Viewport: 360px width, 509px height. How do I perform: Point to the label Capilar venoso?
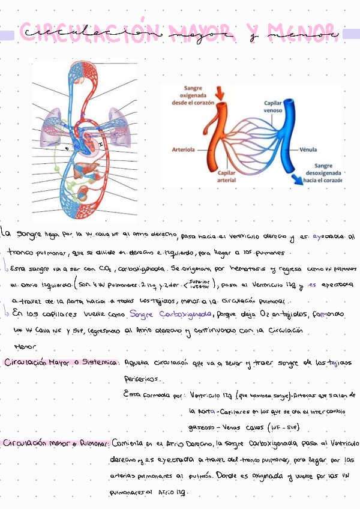click(x=274, y=107)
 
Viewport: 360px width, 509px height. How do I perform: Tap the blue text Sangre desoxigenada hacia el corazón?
click(x=322, y=172)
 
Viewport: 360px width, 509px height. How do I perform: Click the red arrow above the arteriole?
click(x=220, y=92)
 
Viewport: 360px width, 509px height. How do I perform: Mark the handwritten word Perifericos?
click(x=142, y=379)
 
